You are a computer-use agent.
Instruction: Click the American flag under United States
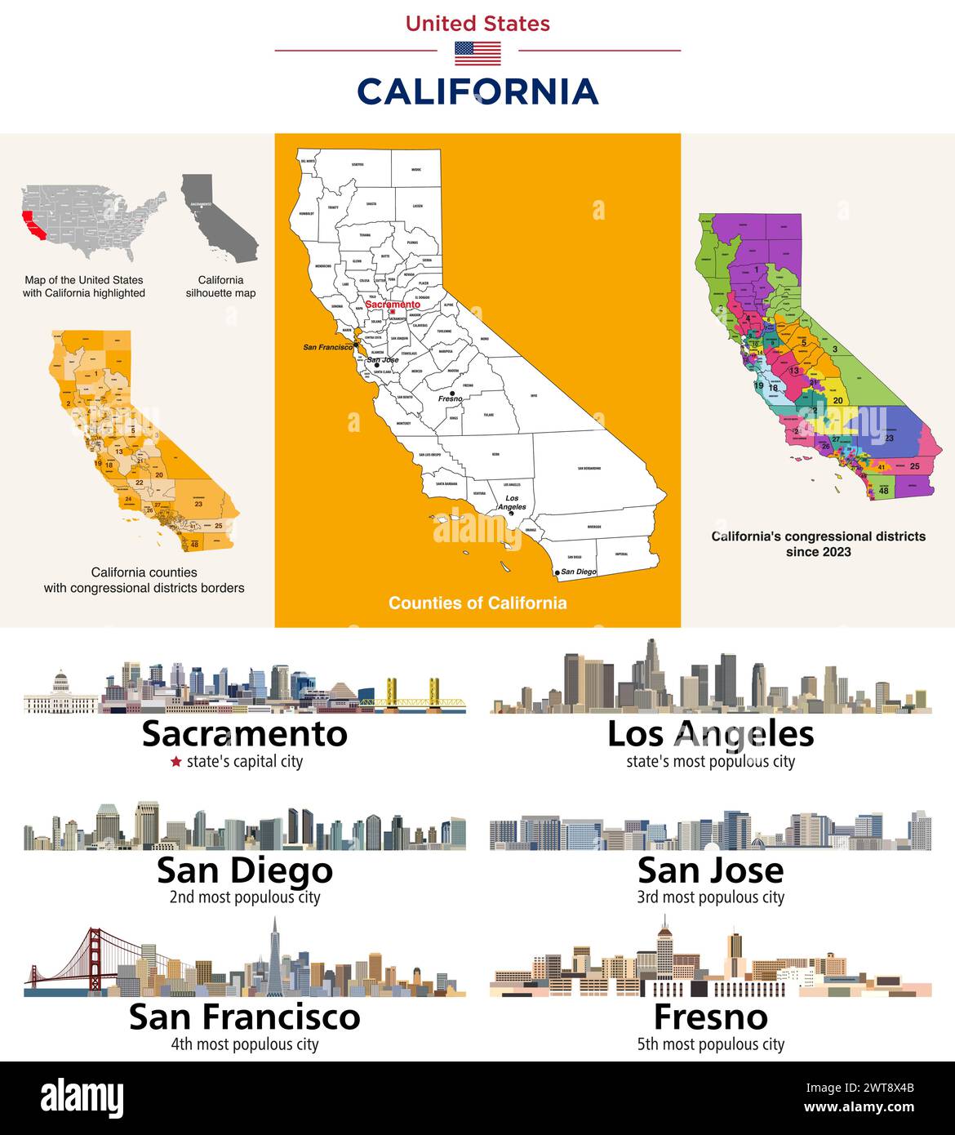477,53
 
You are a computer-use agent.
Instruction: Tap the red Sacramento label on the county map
393,304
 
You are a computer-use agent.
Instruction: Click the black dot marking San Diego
557,573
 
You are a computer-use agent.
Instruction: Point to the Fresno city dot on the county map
452,393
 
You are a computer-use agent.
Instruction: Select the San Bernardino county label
589,468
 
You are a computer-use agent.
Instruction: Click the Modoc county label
415,170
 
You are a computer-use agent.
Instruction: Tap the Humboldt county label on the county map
307,213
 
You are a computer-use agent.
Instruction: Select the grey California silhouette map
216,216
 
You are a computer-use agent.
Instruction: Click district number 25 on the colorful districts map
915,465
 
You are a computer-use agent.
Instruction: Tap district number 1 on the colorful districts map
757,269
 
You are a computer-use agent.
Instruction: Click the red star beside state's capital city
175,762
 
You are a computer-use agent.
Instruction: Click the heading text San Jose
710,870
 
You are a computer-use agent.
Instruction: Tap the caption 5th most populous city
710,1044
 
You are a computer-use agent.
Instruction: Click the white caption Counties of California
477,603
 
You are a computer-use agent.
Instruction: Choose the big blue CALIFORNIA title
477,91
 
